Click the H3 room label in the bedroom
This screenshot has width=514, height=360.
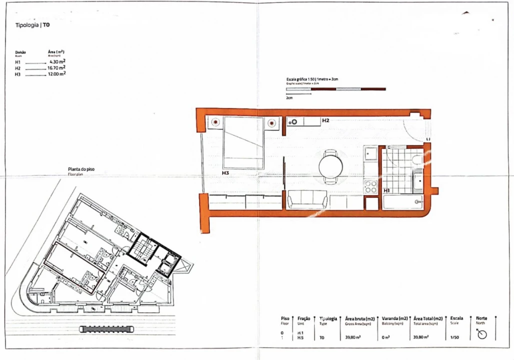tap(226, 172)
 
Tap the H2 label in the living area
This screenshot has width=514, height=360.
tap(325, 120)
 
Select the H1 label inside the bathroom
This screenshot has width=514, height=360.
tap(386, 190)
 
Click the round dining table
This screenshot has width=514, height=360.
tap(331, 165)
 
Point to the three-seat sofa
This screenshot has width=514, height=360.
tap(307, 200)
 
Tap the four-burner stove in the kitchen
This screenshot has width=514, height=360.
tap(370, 187)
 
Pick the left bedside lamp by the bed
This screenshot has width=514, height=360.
tap(215, 122)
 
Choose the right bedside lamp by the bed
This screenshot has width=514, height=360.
tap(272, 122)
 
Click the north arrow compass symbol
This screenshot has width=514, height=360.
tap(481, 334)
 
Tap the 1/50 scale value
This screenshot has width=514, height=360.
tap(454, 337)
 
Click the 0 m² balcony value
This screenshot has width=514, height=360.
tap(385, 337)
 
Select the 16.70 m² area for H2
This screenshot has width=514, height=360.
tap(57, 67)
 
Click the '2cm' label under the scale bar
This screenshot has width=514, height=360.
tap(289, 98)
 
